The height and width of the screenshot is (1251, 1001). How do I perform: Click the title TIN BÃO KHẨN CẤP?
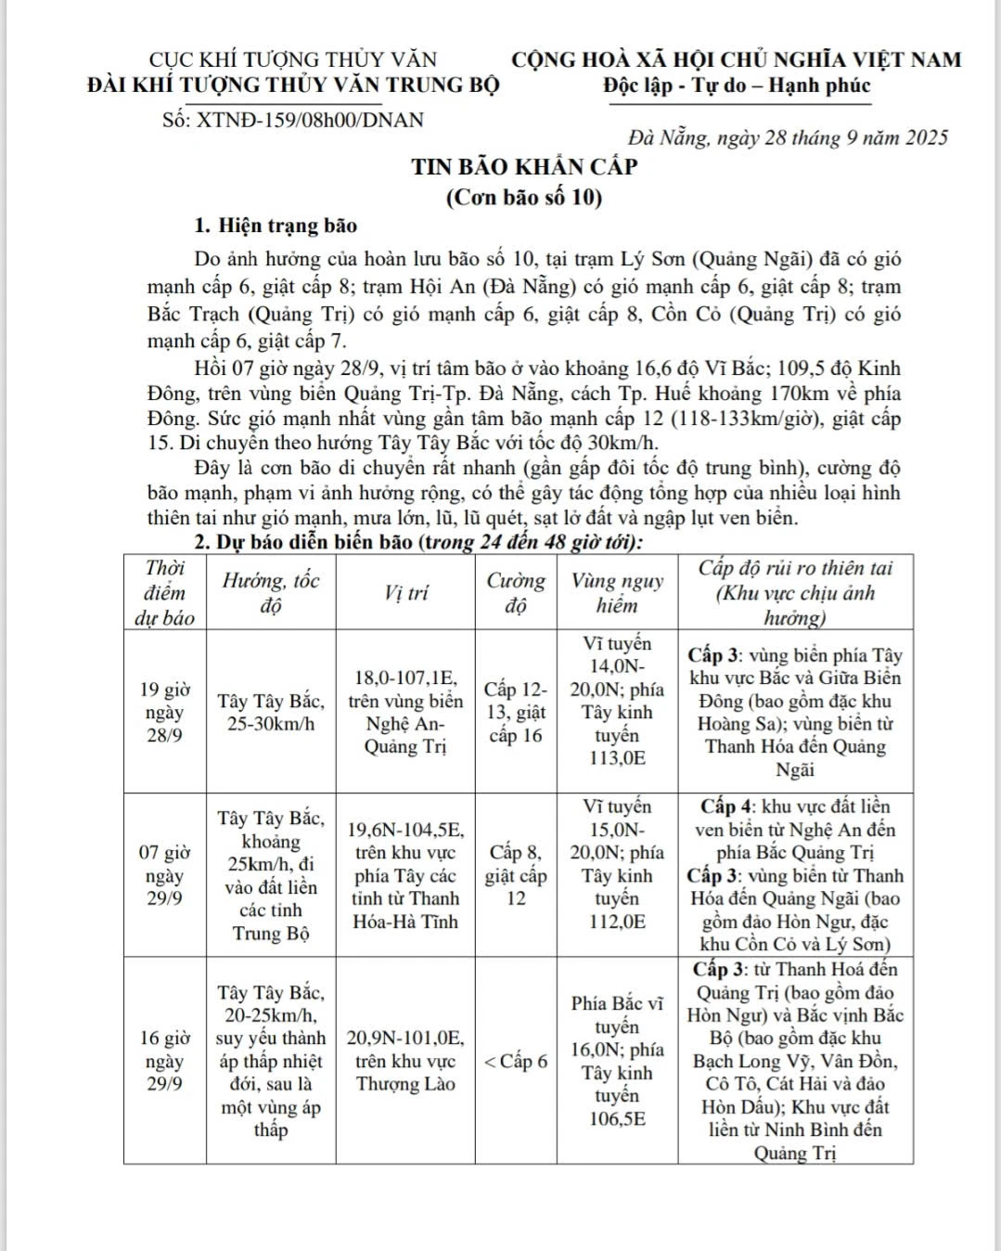(x=525, y=167)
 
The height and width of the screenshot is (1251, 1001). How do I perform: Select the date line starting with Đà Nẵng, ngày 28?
(x=788, y=138)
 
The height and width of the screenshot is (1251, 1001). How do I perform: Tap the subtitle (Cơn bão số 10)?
(x=524, y=197)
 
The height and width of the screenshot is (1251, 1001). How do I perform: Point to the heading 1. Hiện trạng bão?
(x=276, y=226)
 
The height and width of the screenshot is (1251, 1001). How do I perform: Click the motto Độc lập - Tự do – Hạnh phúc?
(x=737, y=86)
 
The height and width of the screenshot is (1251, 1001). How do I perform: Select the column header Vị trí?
(x=405, y=593)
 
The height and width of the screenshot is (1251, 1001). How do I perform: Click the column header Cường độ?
(x=516, y=593)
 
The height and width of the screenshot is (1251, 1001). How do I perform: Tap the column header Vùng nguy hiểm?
(x=617, y=593)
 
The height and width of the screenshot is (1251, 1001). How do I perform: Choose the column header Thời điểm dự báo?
(x=165, y=593)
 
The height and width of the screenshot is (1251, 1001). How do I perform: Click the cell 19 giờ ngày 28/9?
(x=165, y=712)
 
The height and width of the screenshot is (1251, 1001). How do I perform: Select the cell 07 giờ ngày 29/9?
(x=165, y=875)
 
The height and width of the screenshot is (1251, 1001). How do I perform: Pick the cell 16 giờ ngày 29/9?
(x=165, y=1061)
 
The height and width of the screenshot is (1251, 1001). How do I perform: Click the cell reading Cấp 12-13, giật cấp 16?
(x=516, y=713)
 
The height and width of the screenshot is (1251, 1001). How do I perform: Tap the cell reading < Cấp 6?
(x=516, y=1061)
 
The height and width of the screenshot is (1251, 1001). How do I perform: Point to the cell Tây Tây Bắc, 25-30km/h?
(x=271, y=713)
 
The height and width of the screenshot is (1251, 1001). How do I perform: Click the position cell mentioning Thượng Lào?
(x=405, y=1061)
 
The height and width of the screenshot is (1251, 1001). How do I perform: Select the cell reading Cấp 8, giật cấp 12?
(x=516, y=875)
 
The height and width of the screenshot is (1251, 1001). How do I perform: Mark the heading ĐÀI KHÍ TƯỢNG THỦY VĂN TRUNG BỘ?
(x=293, y=85)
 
